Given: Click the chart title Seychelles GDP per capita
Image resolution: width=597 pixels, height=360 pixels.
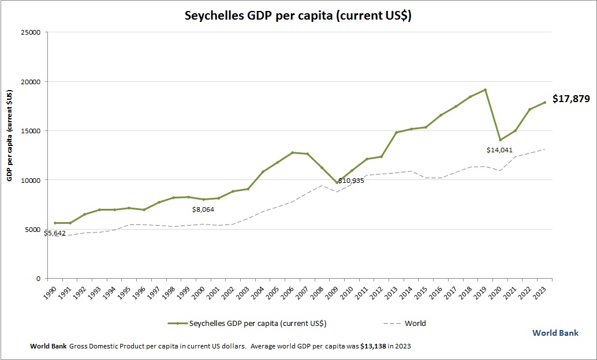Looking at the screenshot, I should point(298,16).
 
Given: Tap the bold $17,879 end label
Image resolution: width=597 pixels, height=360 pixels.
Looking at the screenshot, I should point(570,99).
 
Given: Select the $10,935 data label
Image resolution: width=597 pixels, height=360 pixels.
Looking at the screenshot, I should point(351,181).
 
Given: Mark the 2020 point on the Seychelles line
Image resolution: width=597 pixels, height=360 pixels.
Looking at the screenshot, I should point(501,140).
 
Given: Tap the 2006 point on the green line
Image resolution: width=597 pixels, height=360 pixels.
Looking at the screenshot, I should point(293,152).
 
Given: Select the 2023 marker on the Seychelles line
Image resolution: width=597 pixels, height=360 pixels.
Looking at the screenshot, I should point(544,103).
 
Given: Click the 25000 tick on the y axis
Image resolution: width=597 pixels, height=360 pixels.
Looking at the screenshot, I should point(29,32).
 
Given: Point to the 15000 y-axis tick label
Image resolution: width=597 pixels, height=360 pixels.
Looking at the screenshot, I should point(29,131).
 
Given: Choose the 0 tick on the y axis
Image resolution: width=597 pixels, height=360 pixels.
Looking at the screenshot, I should point(37,279).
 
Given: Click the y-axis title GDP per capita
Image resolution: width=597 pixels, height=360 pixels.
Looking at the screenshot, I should point(10,136).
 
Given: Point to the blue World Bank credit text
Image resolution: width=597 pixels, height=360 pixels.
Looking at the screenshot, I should point(555,333).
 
